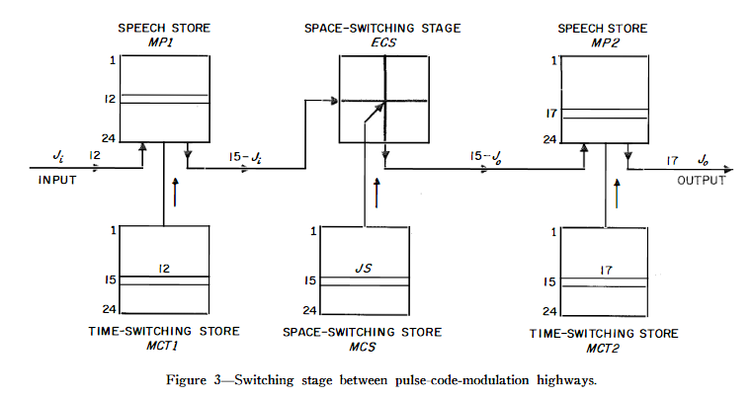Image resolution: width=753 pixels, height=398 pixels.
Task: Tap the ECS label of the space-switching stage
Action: point(384,41)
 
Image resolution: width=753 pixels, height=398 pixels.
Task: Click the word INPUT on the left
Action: point(56,181)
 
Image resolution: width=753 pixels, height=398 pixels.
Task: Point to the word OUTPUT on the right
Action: point(701,181)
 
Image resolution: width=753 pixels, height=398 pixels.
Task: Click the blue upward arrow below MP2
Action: point(618,193)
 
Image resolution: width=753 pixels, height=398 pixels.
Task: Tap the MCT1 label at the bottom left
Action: point(163,346)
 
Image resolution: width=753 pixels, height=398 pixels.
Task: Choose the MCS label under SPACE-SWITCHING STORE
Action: point(362,346)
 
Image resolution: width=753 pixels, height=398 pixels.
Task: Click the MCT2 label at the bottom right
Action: point(604,347)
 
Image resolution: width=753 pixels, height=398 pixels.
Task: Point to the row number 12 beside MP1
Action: point(110,99)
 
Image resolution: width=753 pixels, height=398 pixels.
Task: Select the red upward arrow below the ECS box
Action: point(376,193)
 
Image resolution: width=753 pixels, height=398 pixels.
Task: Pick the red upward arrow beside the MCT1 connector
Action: point(177,193)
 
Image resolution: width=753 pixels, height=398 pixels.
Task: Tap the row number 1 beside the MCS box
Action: point(313,232)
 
